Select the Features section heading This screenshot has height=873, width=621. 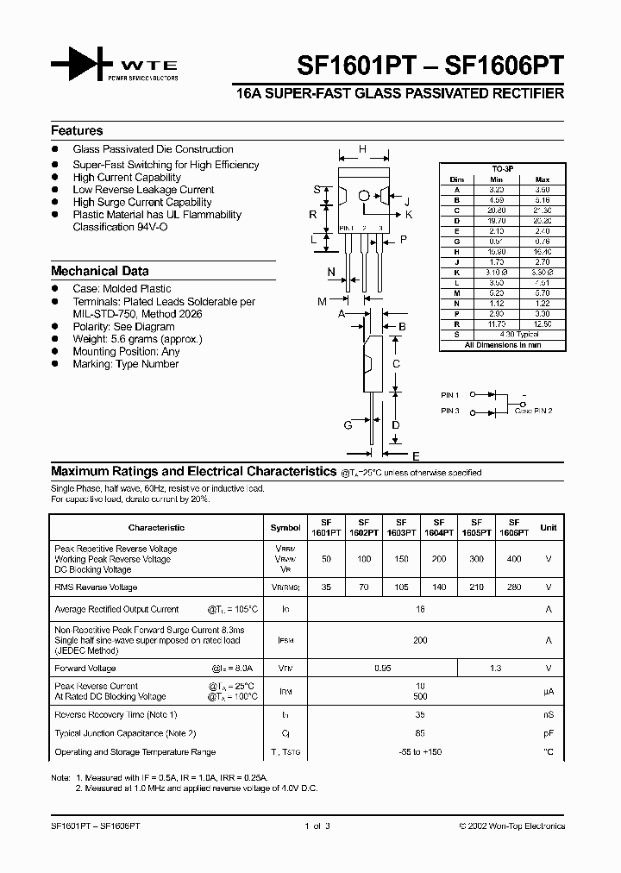(x=77, y=131)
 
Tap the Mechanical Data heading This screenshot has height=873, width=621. (x=99, y=270)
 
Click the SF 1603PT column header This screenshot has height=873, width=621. (x=401, y=527)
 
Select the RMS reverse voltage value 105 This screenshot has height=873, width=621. (x=401, y=587)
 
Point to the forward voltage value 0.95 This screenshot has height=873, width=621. (x=382, y=669)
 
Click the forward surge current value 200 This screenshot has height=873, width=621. (x=420, y=640)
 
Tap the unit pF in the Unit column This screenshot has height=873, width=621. (x=548, y=733)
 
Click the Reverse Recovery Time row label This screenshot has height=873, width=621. (x=116, y=714)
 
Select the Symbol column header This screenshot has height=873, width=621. (x=285, y=527)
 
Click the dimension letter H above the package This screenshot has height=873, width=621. (x=362, y=149)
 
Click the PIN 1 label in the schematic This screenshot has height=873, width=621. (x=450, y=395)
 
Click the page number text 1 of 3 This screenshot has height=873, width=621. (x=317, y=826)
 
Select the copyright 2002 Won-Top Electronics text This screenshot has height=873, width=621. (x=511, y=826)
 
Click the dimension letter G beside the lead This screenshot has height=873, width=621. (x=348, y=424)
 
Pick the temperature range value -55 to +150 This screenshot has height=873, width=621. (x=420, y=752)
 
